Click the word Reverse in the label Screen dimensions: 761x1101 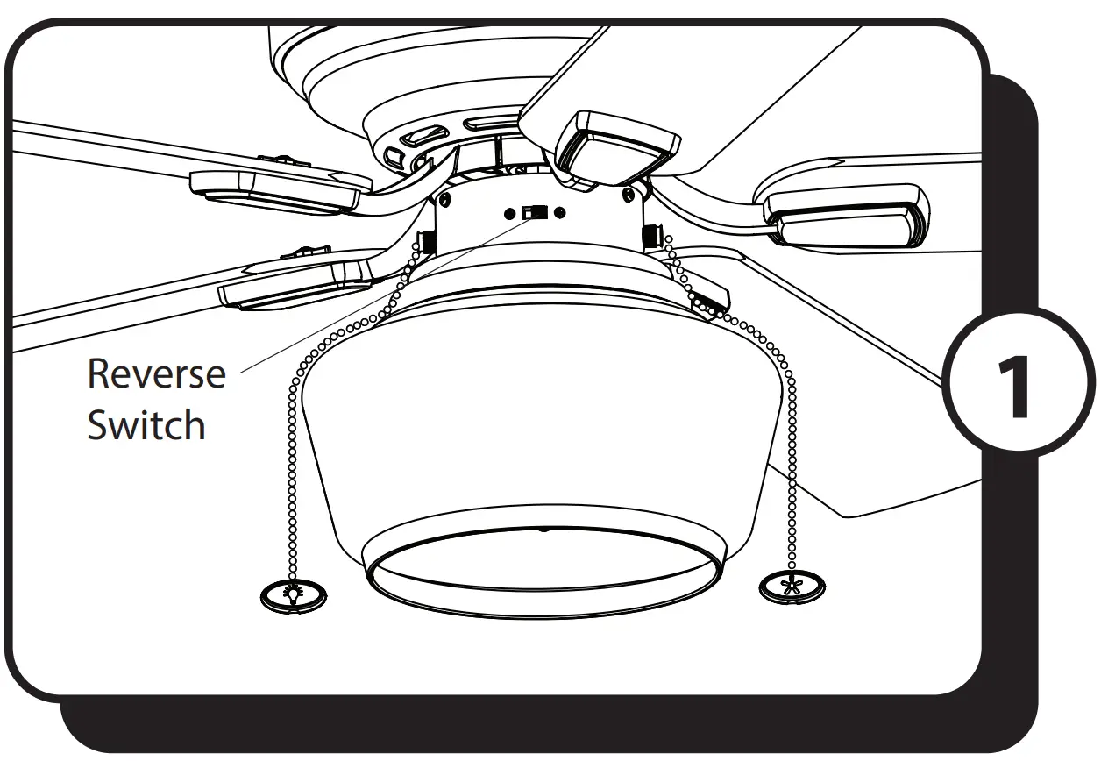coord(156,373)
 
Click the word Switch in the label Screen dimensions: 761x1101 coord(146,425)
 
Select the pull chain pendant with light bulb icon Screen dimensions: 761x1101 coord(294,594)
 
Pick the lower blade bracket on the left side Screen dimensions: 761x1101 coord(298,285)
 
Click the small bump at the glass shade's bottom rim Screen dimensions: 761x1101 coord(544,530)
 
